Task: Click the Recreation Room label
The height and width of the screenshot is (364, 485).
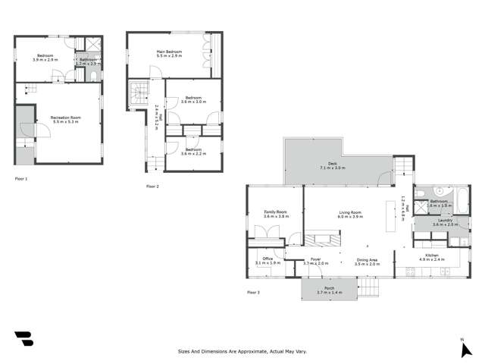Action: click(x=66, y=118)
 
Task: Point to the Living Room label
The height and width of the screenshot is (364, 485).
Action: click(x=349, y=212)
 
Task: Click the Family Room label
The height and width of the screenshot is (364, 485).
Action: click(x=275, y=212)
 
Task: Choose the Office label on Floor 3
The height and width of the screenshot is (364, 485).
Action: click(x=268, y=259)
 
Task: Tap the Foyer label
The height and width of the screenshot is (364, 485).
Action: click(x=315, y=259)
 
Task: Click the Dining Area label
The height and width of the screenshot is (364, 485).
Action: click(x=368, y=259)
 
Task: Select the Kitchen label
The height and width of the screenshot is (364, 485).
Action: click(x=432, y=256)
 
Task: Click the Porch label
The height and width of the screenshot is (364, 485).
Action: click(x=330, y=288)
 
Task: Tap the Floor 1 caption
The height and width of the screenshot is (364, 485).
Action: click(x=21, y=179)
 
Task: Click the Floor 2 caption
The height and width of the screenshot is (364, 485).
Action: click(x=152, y=186)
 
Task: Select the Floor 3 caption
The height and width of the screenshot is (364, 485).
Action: click(x=253, y=292)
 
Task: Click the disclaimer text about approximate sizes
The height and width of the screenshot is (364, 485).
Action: click(x=242, y=352)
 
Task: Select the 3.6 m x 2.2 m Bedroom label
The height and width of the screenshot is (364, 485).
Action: click(x=193, y=150)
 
